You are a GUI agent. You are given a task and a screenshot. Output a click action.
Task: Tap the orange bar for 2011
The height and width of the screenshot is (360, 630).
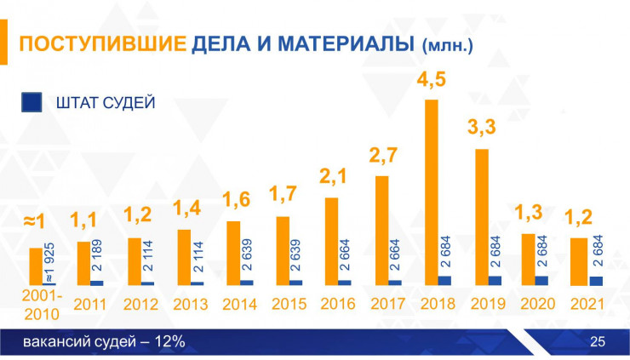pyautogui.click(x=83, y=263)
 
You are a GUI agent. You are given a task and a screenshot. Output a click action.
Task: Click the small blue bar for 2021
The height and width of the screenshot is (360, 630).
pyautogui.click(x=595, y=281)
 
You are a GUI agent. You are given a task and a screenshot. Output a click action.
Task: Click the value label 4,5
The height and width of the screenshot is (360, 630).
pyautogui.click(x=432, y=83)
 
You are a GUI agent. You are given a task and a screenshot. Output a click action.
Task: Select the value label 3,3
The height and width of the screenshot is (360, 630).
pyautogui.click(x=483, y=131)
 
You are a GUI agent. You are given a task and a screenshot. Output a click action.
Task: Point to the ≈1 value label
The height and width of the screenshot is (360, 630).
pyautogui.click(x=34, y=223)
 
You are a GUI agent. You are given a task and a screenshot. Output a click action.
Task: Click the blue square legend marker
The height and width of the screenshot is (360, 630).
pyautogui.click(x=31, y=103)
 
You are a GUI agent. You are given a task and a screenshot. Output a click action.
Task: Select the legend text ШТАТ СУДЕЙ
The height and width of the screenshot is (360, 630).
pyautogui.click(x=105, y=103)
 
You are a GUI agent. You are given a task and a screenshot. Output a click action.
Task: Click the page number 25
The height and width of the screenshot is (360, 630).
pyautogui.click(x=597, y=342)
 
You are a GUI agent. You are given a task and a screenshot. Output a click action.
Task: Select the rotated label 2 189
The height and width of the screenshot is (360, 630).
pyautogui.click(x=97, y=260)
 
